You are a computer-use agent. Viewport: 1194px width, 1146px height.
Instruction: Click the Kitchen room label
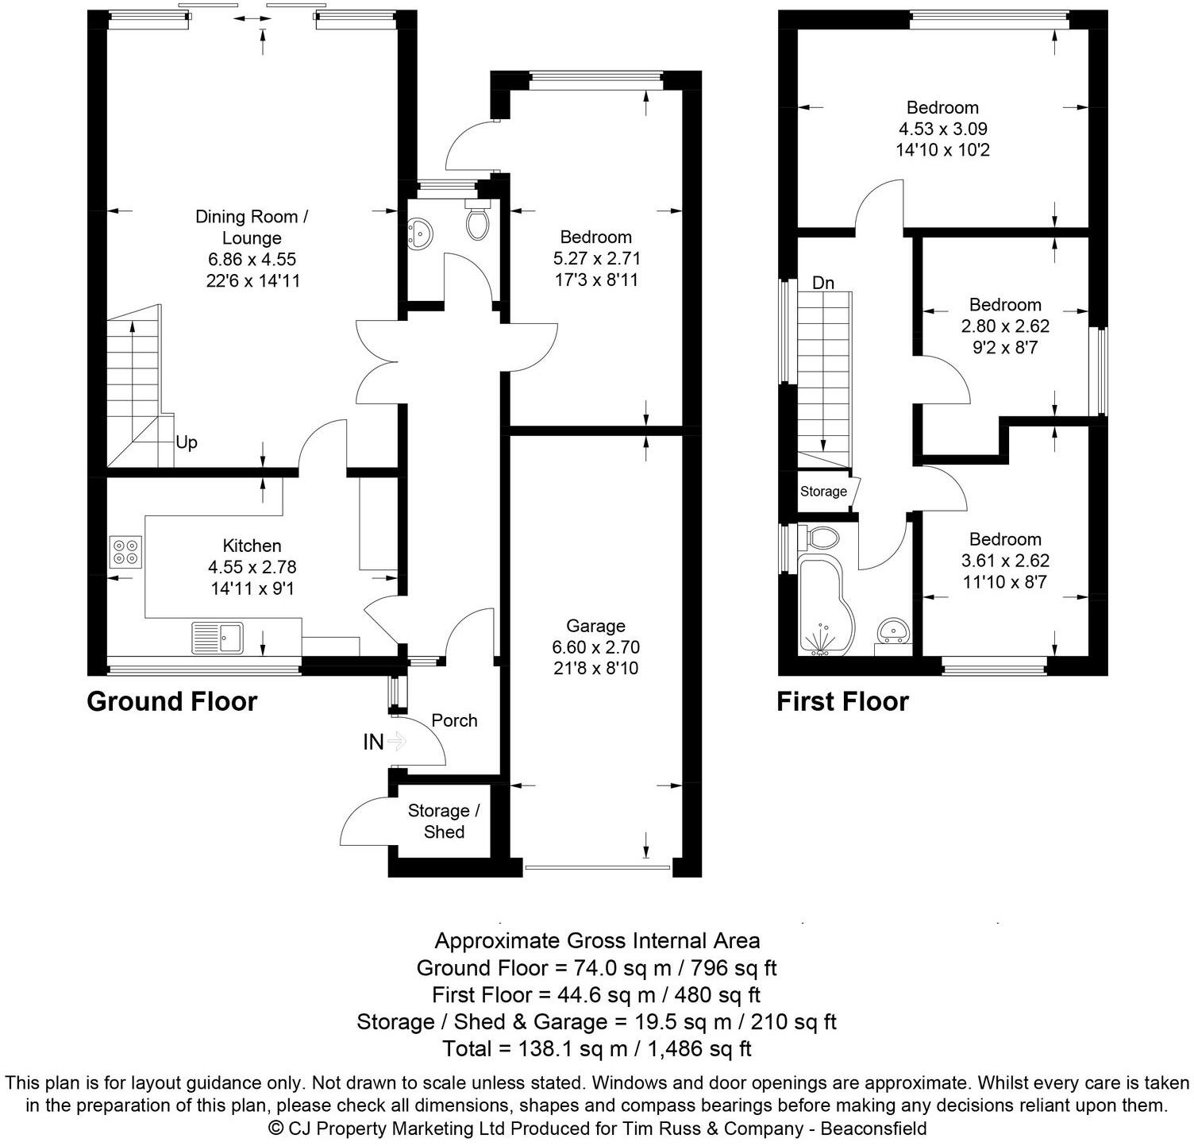252,546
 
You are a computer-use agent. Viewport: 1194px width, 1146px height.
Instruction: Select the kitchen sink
218,638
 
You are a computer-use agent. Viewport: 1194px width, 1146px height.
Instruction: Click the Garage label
595,626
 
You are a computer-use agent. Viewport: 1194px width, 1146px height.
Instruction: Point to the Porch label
454,721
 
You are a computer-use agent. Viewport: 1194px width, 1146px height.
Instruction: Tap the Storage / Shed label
444,821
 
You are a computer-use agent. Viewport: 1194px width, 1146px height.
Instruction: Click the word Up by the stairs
186,442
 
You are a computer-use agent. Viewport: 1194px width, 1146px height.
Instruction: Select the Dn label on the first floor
823,283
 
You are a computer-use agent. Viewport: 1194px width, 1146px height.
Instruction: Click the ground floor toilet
476,220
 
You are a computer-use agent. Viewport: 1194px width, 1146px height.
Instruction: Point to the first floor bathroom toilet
822,538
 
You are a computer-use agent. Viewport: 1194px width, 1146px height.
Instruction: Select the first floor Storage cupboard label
823,492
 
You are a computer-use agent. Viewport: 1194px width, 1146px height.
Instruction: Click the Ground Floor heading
171,702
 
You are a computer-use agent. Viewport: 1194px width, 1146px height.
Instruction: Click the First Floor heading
842,702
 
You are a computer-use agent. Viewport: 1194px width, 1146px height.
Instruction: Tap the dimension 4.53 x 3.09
942,129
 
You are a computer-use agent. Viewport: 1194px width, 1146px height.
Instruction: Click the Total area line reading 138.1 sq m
596,1048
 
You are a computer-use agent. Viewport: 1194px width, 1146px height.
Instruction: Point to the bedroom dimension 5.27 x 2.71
595,258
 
